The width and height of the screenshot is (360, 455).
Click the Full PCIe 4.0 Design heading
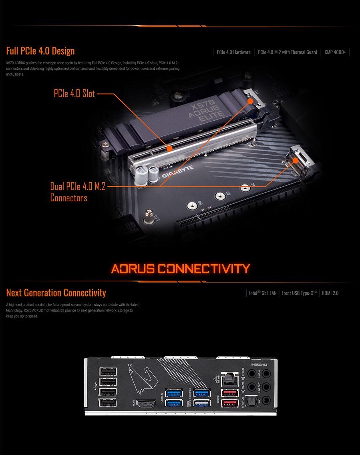tap(40, 51)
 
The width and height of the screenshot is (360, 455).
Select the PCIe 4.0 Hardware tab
tap(233, 52)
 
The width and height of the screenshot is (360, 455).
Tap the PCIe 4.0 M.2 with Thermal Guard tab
tap(287, 52)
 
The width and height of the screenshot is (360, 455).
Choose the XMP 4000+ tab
tap(335, 52)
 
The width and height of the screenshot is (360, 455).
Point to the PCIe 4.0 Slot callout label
tap(74, 94)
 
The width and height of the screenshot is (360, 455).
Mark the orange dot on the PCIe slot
tap(169, 148)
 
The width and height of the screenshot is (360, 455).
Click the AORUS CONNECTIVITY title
tap(180, 268)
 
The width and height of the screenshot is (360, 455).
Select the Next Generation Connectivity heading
tap(56, 292)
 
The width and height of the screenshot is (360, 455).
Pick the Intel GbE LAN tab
tap(263, 293)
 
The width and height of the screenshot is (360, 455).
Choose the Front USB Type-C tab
tap(299, 293)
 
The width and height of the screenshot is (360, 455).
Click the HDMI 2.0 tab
tap(330, 293)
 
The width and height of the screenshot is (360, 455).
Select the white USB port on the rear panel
tap(200, 403)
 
